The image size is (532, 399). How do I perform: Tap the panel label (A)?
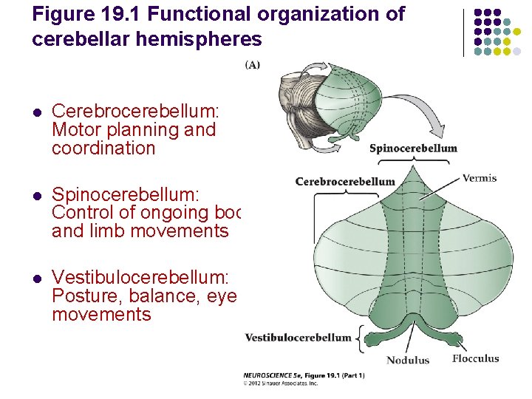(x=252, y=65)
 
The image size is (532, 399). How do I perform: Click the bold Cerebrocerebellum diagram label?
(x=345, y=181)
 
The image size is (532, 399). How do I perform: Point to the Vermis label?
(x=480, y=178)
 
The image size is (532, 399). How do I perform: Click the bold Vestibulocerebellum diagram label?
(x=298, y=338)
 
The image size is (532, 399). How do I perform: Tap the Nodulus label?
(x=407, y=361)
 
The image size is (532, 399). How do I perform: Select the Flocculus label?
(x=476, y=359)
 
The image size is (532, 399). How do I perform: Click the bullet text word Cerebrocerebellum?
(x=135, y=112)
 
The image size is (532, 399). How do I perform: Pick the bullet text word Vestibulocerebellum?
(x=140, y=278)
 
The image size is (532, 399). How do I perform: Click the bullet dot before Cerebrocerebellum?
(x=36, y=112)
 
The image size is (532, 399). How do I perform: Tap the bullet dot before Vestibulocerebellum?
(x=36, y=279)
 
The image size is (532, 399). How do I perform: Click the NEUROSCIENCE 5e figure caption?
(x=304, y=375)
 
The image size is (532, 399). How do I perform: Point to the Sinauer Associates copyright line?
(x=281, y=383)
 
